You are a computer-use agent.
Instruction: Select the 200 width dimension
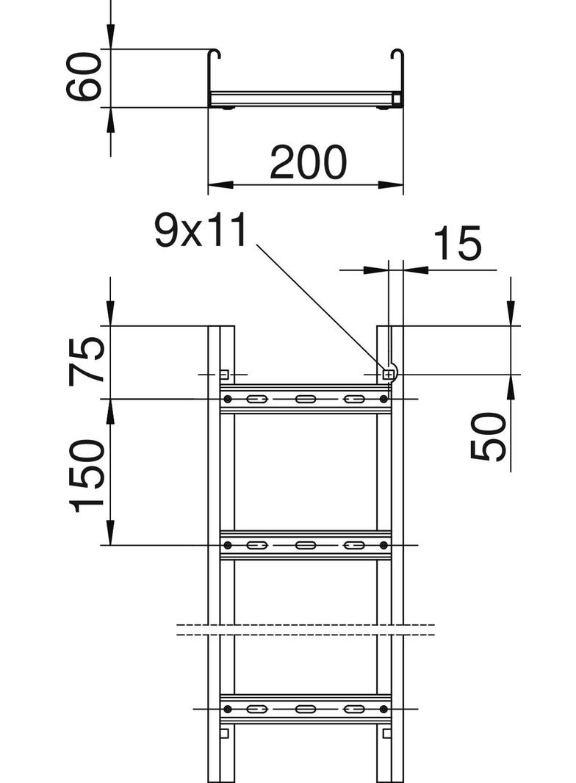(307, 162)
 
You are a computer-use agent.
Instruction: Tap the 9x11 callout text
(199, 231)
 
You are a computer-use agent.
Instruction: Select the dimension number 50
(489, 436)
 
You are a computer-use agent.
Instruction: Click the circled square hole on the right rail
(388, 375)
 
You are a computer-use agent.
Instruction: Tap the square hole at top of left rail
(224, 374)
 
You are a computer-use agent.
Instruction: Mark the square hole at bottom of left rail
(224, 732)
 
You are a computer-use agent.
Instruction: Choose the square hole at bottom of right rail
(387, 732)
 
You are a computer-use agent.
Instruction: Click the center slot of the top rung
(305, 399)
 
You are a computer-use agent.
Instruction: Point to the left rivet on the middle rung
(228, 545)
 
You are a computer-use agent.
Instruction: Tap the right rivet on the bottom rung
(384, 709)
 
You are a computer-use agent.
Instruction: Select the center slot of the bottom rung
(305, 709)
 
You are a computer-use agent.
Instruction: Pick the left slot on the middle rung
(256, 545)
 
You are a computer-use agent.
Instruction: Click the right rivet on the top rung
(384, 399)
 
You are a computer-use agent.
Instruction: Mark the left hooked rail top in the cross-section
(215, 54)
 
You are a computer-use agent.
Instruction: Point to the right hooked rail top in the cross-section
(397, 54)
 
